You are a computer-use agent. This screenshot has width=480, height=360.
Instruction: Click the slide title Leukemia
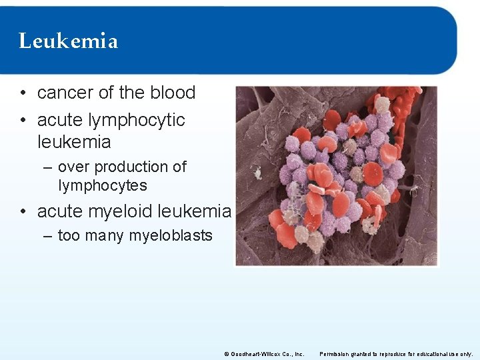pos(69,41)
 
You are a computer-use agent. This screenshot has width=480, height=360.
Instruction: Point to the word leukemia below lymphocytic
pos(74,142)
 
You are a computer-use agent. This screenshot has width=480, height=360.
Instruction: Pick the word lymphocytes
pos(103,185)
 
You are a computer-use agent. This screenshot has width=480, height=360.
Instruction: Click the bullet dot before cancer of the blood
pos(23,93)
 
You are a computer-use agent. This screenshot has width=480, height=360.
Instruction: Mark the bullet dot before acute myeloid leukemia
pos(23,212)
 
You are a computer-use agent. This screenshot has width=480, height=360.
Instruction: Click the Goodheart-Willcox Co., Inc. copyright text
pos(267,354)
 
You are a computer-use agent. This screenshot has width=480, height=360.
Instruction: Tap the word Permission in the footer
pos(335,354)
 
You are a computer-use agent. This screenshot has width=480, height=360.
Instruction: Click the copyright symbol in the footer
pos(227,354)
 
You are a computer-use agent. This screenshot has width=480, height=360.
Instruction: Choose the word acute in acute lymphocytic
pos(59,120)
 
